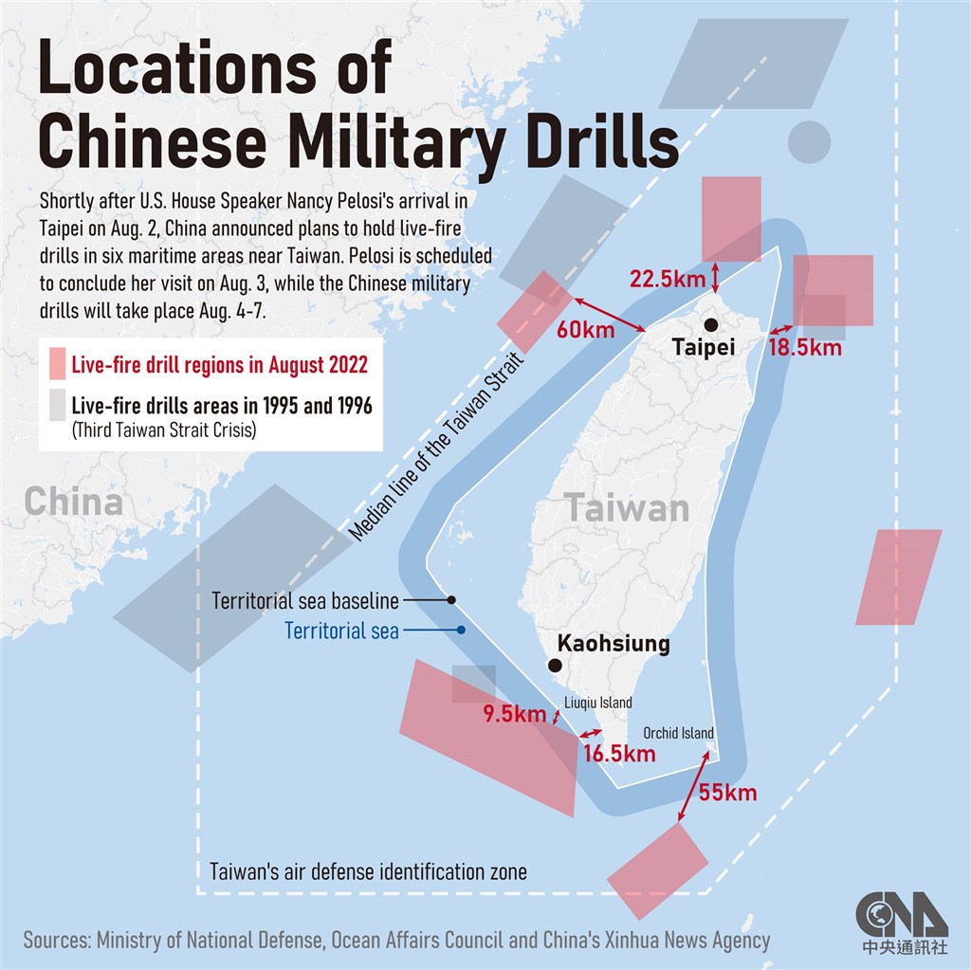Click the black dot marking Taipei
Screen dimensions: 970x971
pos(711,325)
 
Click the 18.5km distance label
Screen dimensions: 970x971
pos(805,347)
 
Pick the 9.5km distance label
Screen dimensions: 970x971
pos(513,714)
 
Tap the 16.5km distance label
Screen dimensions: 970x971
pos(620,754)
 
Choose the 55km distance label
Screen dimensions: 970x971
pos(727,792)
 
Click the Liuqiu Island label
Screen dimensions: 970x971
pos(598,703)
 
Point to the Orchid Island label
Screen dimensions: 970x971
pos(678,733)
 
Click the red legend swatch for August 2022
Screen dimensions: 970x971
pos(57,364)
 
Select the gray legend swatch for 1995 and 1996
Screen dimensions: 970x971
pos(57,406)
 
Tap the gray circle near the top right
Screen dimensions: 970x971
pos(809,141)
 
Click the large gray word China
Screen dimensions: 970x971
pos(73,502)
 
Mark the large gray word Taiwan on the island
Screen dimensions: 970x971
pos(627,509)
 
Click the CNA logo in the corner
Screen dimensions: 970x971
pos(901,918)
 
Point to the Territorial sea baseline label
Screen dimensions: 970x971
pos(305,601)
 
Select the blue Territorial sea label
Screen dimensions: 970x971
pos(341,631)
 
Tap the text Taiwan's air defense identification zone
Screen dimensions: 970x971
pos(368,871)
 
